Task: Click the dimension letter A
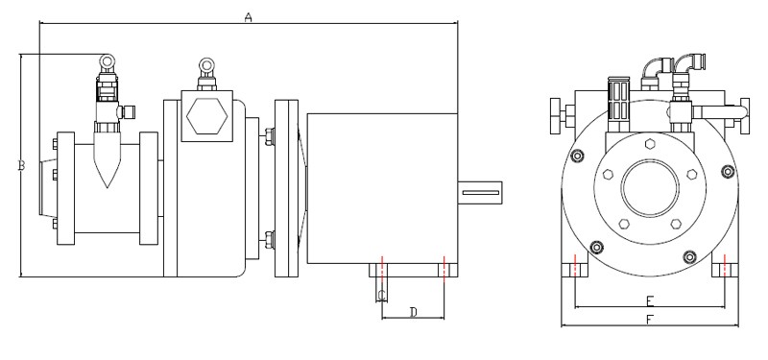point(249,17)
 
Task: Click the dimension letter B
point(21,166)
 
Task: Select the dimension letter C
point(382,296)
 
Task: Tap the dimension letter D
point(414,312)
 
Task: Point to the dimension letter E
point(650,300)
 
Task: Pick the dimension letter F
point(650,320)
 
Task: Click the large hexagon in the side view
point(207,115)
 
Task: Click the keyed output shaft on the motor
point(480,193)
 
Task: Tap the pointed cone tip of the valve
point(107,186)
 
